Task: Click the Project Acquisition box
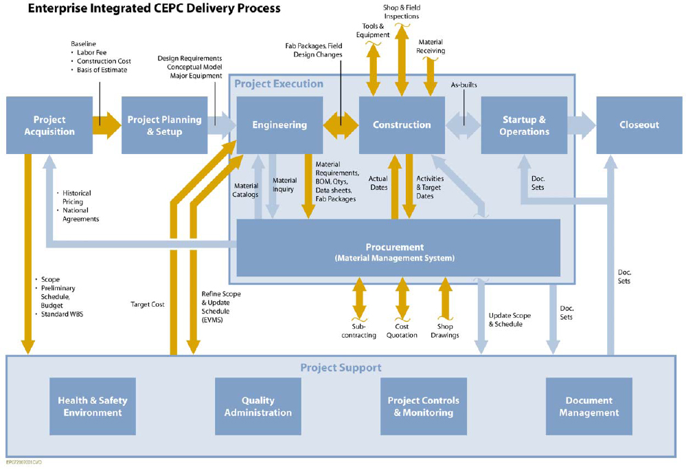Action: pos(49,125)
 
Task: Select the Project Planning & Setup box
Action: pos(164,125)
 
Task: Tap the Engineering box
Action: pos(279,125)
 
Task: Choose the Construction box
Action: pos(402,125)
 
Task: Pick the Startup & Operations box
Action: pos(524,125)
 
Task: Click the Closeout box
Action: pos(639,125)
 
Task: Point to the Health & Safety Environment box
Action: pos(93,406)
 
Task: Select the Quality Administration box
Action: pos(258,406)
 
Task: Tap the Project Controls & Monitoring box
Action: pos(423,406)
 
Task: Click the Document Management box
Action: pos(588,406)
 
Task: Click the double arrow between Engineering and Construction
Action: pos(341,125)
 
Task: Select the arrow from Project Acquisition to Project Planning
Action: pos(106,125)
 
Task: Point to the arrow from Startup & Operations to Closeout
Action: pos(582,125)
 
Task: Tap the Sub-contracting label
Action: pos(358,331)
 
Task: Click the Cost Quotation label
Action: pos(402,331)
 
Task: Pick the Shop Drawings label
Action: pos(444,331)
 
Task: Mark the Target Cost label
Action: pos(147,303)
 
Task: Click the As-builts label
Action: pos(464,85)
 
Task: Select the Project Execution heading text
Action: pos(279,84)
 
